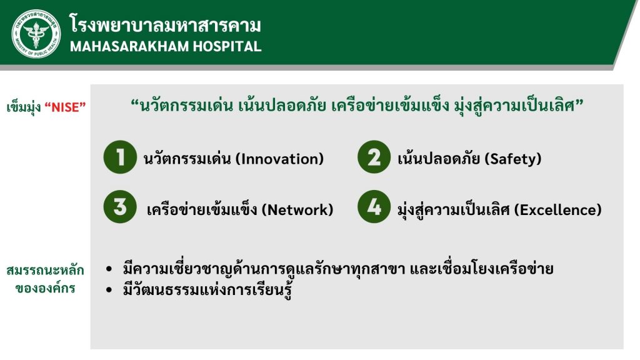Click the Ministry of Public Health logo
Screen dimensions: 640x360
pos(36,34)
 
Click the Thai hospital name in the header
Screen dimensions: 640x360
pos(165,24)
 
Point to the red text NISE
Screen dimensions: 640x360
pos(65,107)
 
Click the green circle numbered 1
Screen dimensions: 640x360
pos(120,157)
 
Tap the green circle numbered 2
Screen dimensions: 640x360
pos(374,157)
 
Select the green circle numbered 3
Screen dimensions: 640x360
pos(120,206)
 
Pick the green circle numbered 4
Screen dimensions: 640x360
pos(374,206)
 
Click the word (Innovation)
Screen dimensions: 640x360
pos(279,159)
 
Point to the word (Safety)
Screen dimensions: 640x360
pos(512,159)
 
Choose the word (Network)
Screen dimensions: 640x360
pos(297,210)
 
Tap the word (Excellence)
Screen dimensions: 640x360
pos(557,210)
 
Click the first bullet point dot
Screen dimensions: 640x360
pos(109,269)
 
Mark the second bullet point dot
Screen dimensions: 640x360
pos(109,290)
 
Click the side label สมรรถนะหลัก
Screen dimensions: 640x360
pos(45,270)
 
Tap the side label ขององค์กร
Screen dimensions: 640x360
pos(45,287)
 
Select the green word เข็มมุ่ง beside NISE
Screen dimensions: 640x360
pos(24,107)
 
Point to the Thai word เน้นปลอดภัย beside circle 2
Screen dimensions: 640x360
pos(438,158)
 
